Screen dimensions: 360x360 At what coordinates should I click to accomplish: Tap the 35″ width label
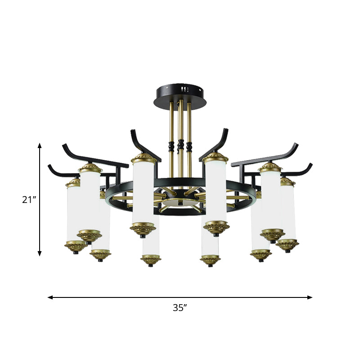point(180,308)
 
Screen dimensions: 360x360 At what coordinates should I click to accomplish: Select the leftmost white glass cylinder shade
point(73,214)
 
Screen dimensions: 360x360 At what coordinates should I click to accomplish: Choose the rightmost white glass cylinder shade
point(288,211)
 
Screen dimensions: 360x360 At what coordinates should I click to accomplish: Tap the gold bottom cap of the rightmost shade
point(288,244)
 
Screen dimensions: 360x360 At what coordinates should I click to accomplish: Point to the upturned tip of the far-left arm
point(50,166)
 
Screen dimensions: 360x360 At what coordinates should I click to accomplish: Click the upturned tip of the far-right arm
point(310,165)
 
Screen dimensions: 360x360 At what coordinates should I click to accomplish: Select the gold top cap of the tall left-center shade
point(144,158)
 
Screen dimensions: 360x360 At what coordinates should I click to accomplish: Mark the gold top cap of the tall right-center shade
point(216,158)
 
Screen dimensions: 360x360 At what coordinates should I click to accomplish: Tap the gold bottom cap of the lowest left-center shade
point(151,260)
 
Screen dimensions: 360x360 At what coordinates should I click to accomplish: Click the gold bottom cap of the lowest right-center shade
point(210,260)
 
